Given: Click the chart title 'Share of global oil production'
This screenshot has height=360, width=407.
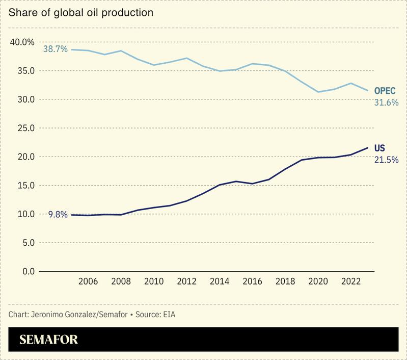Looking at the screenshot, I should [81, 13].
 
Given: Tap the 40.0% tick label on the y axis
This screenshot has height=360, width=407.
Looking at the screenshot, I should [22, 42].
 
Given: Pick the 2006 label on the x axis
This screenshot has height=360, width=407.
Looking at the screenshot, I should [88, 281].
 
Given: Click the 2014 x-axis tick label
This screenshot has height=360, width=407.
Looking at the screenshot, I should [220, 281].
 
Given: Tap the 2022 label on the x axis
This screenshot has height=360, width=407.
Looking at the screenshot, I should [350, 281].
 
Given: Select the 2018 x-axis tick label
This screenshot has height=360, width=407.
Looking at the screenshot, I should [285, 281].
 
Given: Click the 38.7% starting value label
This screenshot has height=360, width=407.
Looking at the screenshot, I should [55, 49].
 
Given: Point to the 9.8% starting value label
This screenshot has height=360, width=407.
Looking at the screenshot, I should [58, 215].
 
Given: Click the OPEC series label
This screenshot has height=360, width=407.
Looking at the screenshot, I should [385, 91].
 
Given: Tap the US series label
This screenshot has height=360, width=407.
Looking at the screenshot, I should [379, 148].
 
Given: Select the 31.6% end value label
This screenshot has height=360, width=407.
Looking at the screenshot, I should [386, 102].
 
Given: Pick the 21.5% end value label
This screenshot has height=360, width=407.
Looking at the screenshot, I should [386, 160].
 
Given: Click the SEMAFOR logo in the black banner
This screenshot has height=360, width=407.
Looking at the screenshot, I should [48, 340].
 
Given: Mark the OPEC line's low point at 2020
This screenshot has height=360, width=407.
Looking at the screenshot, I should [318, 92].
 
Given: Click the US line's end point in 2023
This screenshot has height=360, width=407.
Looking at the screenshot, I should [367, 148].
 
